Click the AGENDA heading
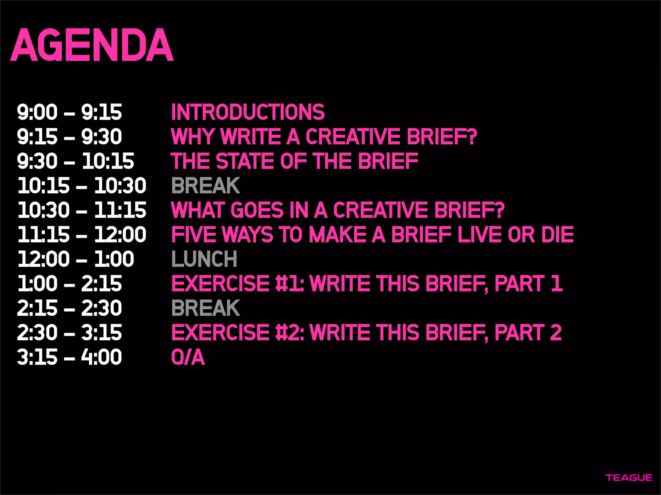tap(92, 45)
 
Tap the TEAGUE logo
tap(629, 478)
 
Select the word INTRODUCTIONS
tap(248, 112)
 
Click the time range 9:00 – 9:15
tap(69, 112)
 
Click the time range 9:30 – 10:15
tap(76, 161)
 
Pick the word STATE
tap(245, 161)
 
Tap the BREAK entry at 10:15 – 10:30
tap(206, 186)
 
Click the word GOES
tap(257, 210)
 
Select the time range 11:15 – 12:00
tap(82, 235)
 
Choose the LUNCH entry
tap(204, 259)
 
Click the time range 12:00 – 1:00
tap(76, 259)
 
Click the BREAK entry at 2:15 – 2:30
tap(206, 308)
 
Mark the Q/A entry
tap(188, 357)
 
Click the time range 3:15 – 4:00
tap(69, 357)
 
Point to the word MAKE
tap(337, 235)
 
